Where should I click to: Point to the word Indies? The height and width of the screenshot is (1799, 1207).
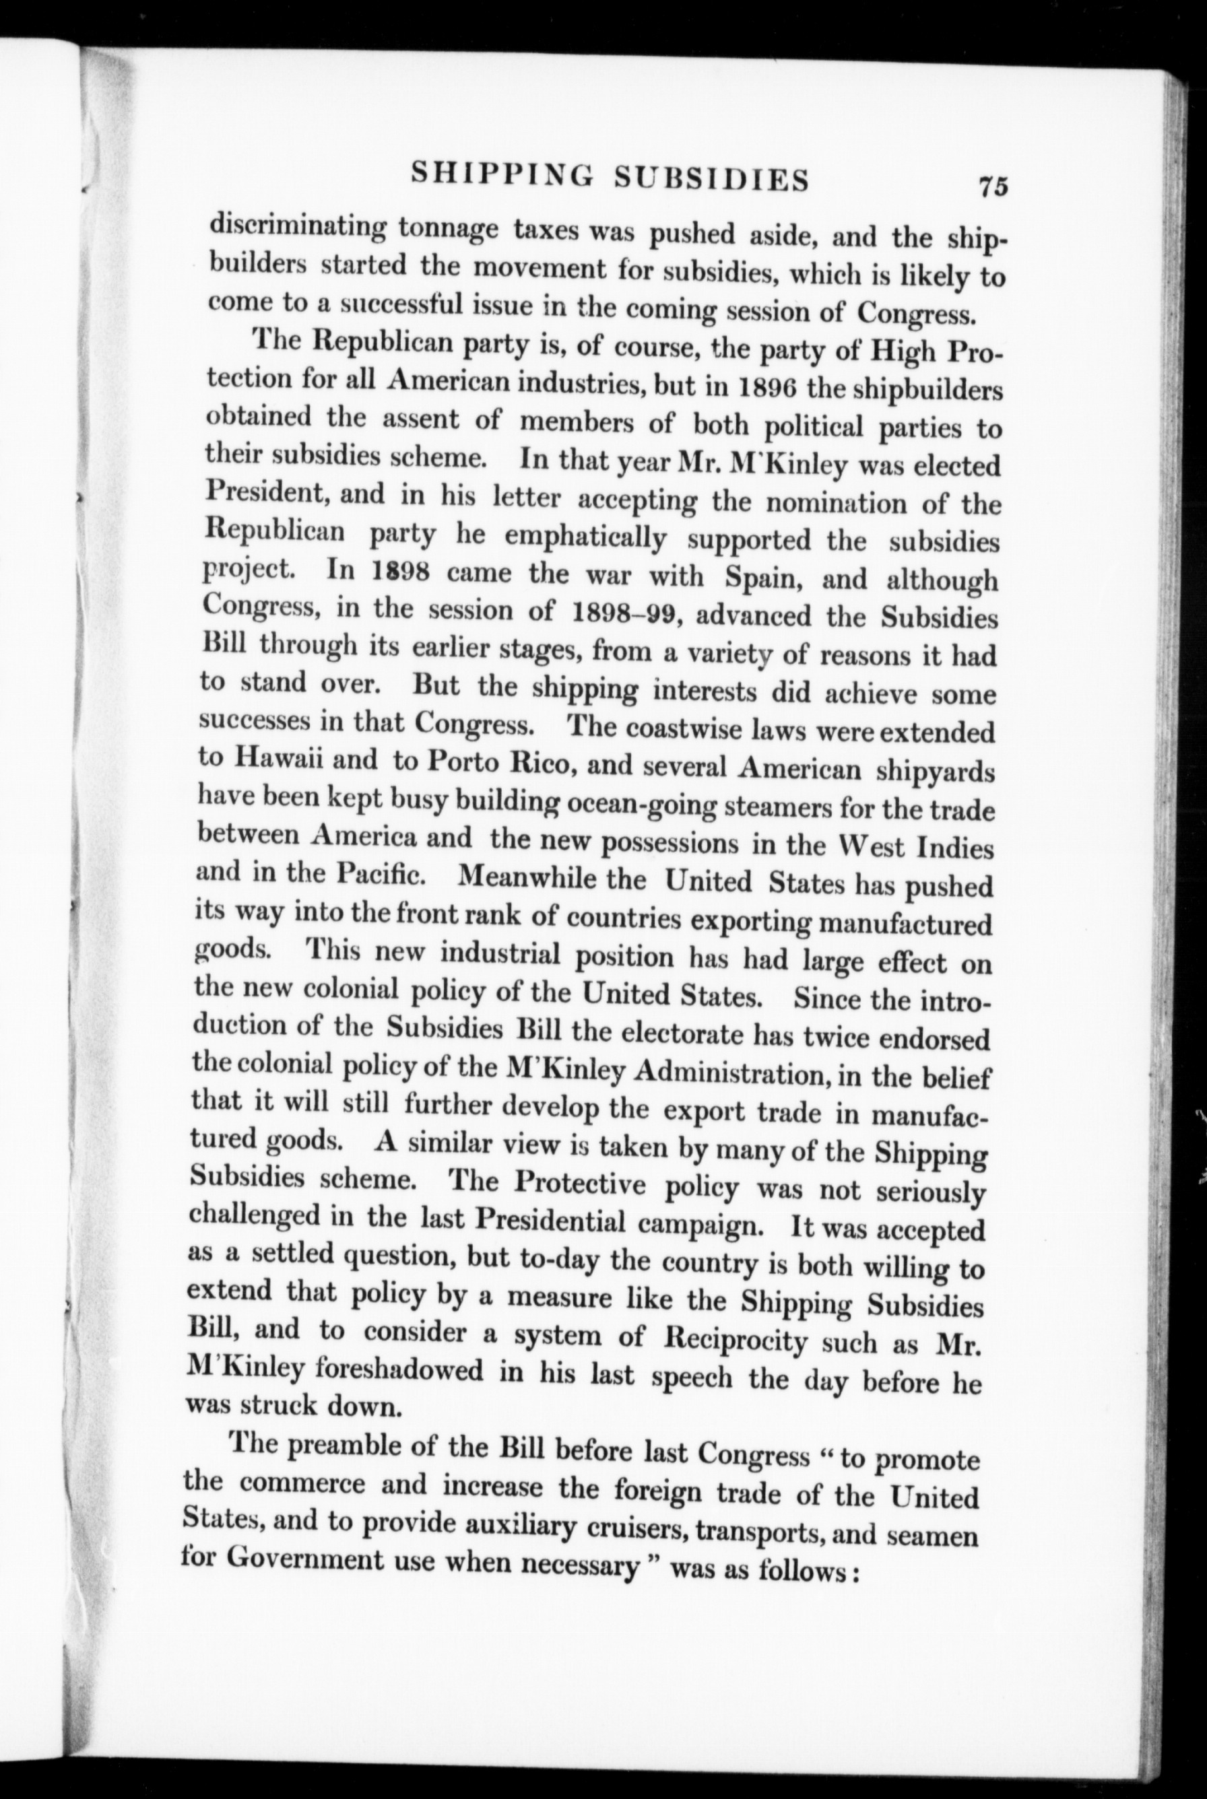955,847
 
